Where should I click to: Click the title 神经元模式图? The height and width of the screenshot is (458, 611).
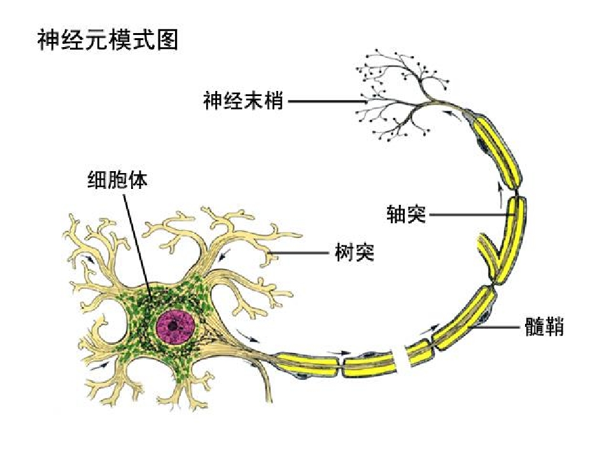(x=108, y=39)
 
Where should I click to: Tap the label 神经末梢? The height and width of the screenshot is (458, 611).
(x=243, y=101)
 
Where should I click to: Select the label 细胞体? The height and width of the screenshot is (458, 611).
(x=118, y=180)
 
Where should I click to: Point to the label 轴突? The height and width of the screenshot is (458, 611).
(x=407, y=214)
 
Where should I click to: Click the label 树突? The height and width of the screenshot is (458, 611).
(x=355, y=253)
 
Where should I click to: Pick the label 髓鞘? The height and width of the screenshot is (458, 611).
(x=544, y=326)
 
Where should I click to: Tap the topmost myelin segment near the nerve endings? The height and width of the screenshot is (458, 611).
(x=498, y=148)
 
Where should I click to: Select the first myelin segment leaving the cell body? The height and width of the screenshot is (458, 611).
(x=308, y=363)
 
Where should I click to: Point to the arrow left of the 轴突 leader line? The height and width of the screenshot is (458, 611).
(x=501, y=195)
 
